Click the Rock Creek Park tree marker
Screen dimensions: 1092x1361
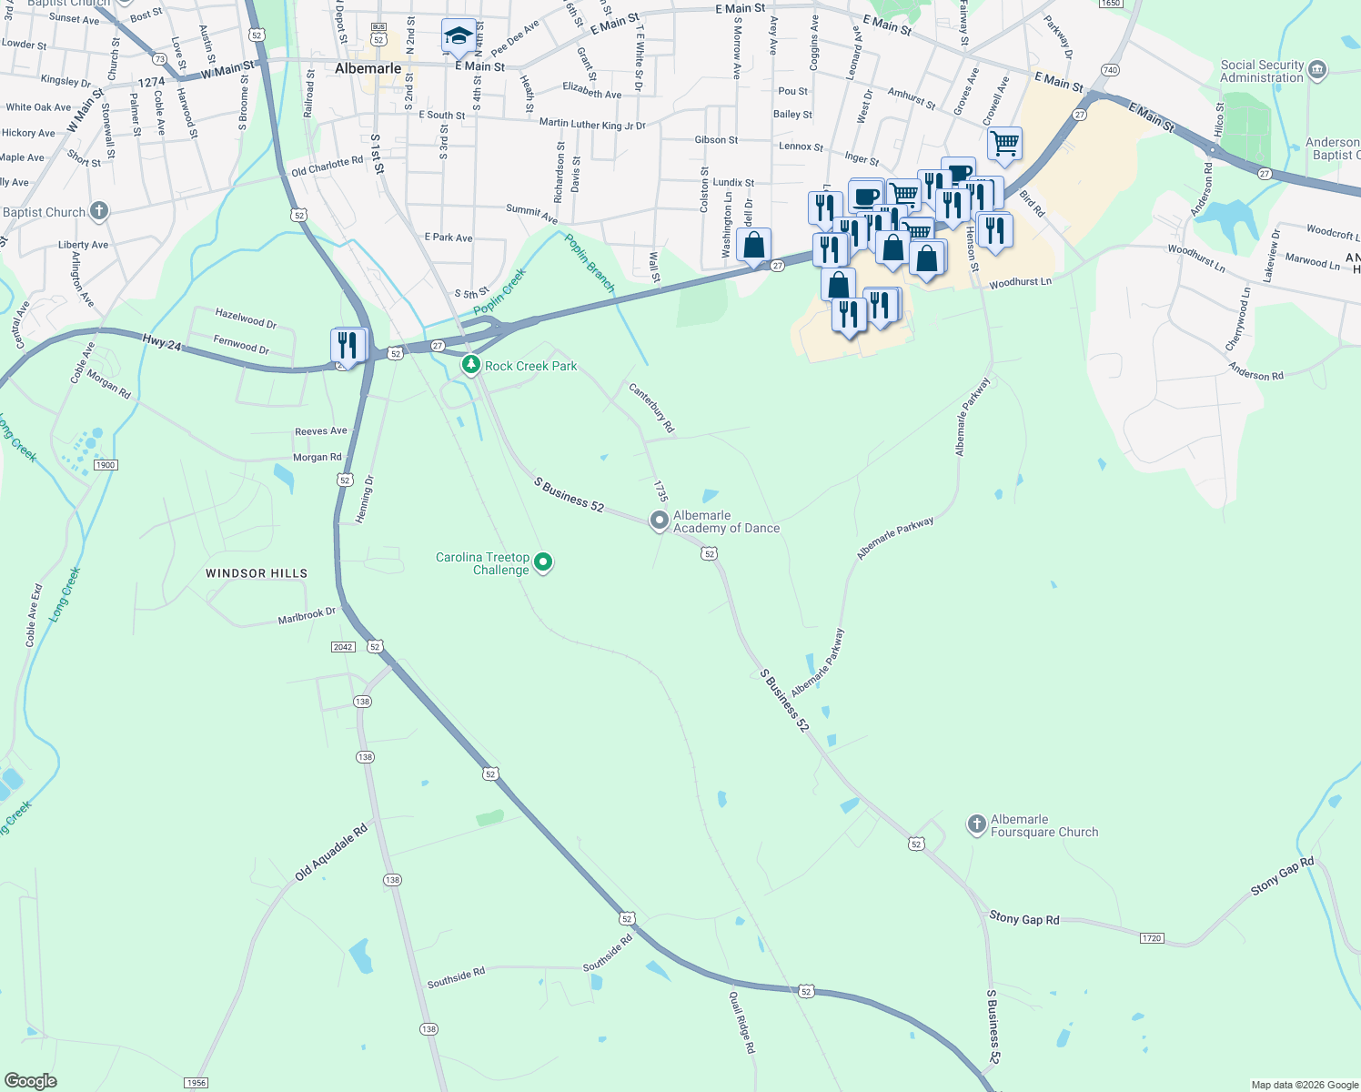point(470,365)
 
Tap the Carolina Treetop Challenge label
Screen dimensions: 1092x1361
point(482,563)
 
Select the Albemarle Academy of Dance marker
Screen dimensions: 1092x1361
point(659,521)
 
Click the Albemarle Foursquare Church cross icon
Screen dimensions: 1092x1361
point(976,824)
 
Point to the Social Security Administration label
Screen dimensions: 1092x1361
point(1262,71)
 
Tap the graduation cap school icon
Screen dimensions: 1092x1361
point(458,36)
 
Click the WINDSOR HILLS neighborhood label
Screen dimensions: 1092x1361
point(257,573)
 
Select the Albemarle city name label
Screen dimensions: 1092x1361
point(368,68)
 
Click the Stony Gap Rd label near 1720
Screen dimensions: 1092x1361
point(1023,919)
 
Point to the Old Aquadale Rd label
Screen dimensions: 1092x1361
point(331,852)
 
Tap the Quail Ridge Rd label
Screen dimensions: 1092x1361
point(741,1022)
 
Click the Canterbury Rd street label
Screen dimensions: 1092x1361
point(651,407)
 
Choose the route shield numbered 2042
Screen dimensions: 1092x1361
point(343,647)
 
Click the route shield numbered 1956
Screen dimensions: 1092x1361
point(196,1083)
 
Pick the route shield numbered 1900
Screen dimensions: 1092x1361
point(106,465)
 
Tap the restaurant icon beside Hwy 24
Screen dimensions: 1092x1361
point(348,346)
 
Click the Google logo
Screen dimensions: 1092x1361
point(31,1081)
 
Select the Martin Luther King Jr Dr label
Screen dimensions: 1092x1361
point(592,124)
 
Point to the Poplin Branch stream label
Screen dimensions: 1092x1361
point(590,264)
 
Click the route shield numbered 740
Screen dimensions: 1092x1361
point(1110,70)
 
